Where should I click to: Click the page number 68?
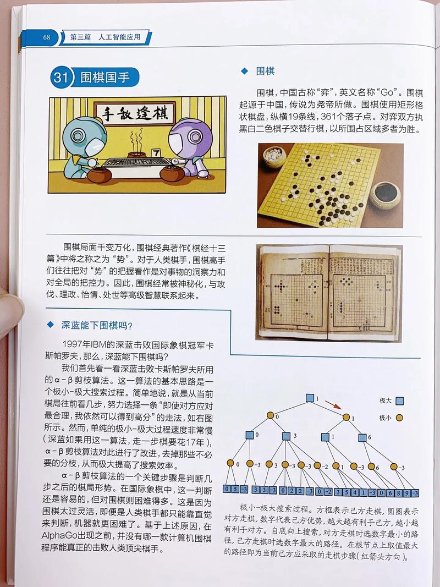click(47, 37)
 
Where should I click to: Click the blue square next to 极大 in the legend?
click(400, 401)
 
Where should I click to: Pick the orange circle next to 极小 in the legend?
click(400, 418)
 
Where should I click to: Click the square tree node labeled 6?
click(363, 437)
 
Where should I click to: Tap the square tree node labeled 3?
click(287, 436)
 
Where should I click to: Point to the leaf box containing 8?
click(399, 492)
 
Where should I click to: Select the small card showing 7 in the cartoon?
click(156, 151)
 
